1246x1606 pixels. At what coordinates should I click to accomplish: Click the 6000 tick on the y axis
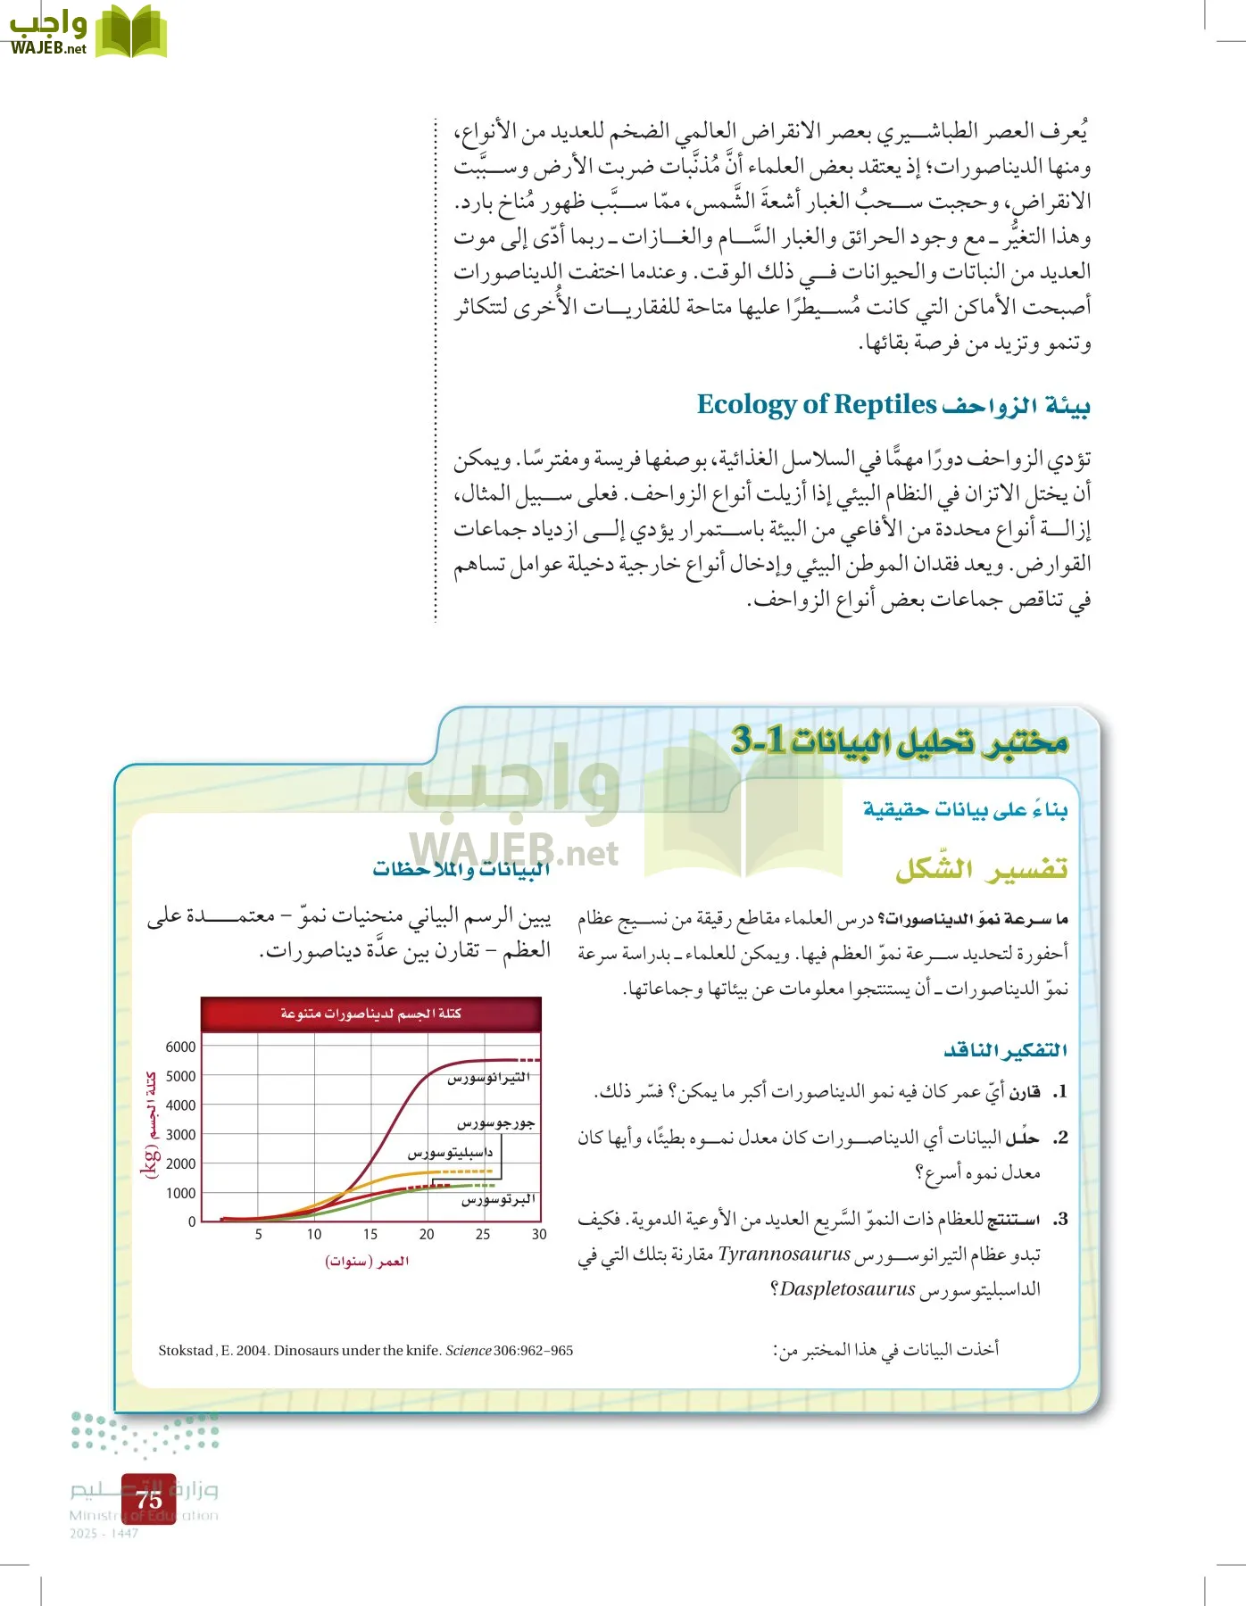pos(180,1047)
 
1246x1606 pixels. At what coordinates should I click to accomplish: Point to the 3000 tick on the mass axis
pos(180,1134)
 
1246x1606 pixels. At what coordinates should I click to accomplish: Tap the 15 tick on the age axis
pos(370,1235)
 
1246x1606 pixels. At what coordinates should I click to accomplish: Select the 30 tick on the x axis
pos(539,1235)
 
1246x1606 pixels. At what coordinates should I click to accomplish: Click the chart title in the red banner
pos(370,1014)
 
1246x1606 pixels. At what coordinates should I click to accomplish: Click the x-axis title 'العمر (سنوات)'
pos(367,1262)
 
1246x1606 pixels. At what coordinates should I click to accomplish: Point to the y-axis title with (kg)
pos(150,1124)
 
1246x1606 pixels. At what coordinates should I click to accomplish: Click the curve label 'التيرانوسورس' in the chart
pos(488,1078)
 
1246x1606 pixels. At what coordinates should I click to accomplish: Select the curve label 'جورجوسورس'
pos(496,1123)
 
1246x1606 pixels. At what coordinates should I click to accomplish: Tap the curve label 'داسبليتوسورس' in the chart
pos(450,1153)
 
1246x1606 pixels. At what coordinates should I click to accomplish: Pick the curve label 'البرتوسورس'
pos(498,1200)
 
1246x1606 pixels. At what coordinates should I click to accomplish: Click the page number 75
pos(149,1499)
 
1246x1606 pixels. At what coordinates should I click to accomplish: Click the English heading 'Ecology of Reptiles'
pos(816,404)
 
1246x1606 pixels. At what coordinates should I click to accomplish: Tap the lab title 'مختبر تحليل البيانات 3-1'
pos(899,741)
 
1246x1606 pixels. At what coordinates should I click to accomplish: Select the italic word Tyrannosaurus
pos(785,1254)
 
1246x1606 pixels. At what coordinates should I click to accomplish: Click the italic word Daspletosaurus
pos(847,1289)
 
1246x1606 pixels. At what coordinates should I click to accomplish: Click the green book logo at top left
pos(131,32)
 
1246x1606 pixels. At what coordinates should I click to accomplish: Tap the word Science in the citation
pos(468,1351)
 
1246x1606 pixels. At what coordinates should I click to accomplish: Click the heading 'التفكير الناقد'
pos(1006,1050)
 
